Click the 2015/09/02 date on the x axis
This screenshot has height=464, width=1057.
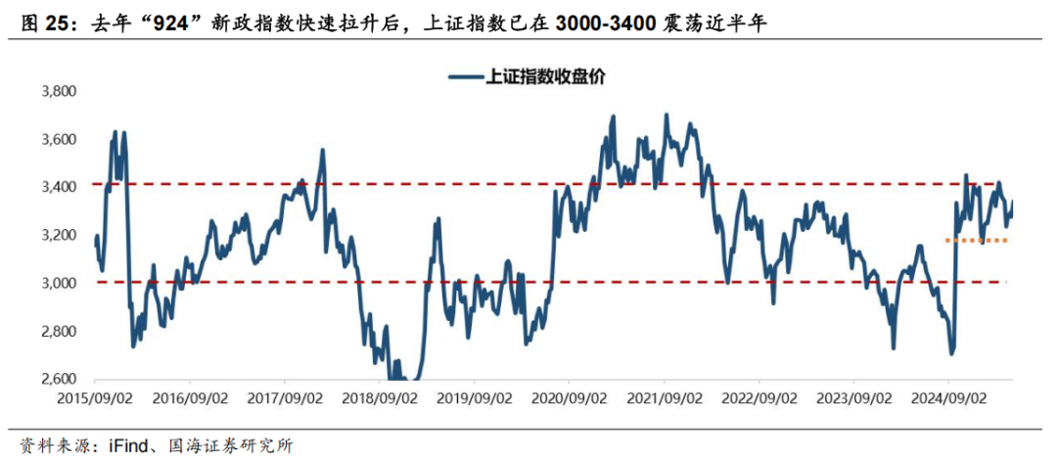click(x=94, y=399)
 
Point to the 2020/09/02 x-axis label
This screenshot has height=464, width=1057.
click(x=569, y=399)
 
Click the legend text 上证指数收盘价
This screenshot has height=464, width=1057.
click(x=544, y=76)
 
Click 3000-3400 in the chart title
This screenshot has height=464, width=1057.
click(x=612, y=24)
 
